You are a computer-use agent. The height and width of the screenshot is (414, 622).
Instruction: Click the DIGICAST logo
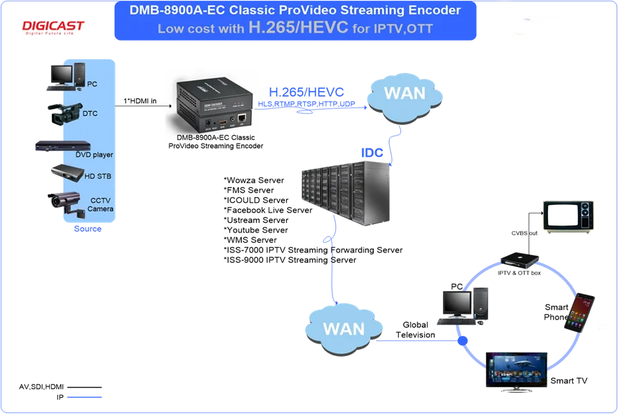53,28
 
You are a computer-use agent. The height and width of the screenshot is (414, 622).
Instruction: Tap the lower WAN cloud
344,326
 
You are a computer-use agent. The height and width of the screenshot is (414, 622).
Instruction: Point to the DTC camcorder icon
66,112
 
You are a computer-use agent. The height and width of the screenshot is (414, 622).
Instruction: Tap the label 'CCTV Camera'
100,204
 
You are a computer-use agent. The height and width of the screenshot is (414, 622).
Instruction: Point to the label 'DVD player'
94,155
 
